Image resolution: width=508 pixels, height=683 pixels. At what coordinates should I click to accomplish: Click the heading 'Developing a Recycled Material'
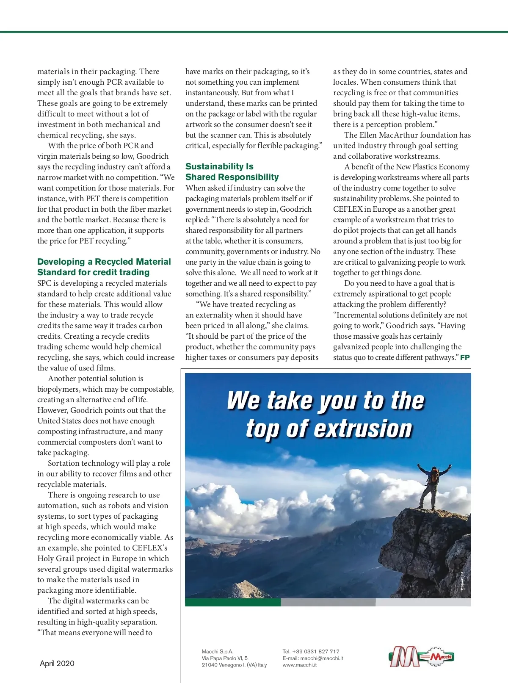point(104,262)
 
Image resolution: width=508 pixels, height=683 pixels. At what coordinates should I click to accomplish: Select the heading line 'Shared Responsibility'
point(232,177)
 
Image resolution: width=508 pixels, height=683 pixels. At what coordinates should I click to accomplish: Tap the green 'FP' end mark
point(465,357)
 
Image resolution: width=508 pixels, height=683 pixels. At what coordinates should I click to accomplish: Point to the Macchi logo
point(421,657)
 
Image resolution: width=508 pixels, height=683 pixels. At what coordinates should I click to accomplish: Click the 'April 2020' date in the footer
point(57,664)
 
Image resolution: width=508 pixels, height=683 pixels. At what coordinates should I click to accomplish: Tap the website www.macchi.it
point(299,665)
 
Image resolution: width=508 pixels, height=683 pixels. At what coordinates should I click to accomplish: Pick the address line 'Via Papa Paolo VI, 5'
point(224,658)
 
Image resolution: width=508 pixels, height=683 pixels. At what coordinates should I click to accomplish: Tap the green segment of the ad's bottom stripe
point(233,602)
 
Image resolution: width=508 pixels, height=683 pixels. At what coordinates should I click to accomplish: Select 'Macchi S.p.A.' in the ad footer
point(217,651)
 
